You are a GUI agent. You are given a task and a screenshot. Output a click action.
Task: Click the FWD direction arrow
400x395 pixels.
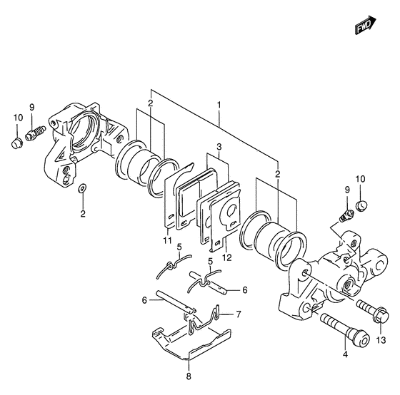pyautogui.click(x=365, y=25)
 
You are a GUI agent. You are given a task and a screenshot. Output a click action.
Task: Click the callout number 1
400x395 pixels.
pyautogui.click(x=219, y=105)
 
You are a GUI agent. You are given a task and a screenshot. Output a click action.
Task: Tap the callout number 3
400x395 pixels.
pyautogui.click(x=219, y=147)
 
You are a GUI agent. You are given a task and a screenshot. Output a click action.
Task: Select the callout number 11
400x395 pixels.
pyautogui.click(x=168, y=240)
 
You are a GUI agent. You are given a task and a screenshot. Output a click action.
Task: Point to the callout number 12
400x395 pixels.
pyautogui.click(x=227, y=257)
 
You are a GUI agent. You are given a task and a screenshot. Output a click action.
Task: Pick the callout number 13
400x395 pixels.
pyautogui.click(x=381, y=340)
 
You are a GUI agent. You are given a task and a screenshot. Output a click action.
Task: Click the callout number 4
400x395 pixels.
pyautogui.click(x=345, y=354)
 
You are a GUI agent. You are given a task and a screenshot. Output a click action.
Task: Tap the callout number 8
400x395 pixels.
pyautogui.click(x=189, y=376)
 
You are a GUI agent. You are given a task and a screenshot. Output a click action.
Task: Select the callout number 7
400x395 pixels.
pyautogui.click(x=239, y=314)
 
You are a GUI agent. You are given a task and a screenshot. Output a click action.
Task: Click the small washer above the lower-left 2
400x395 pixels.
pyautogui.click(x=82, y=188)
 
